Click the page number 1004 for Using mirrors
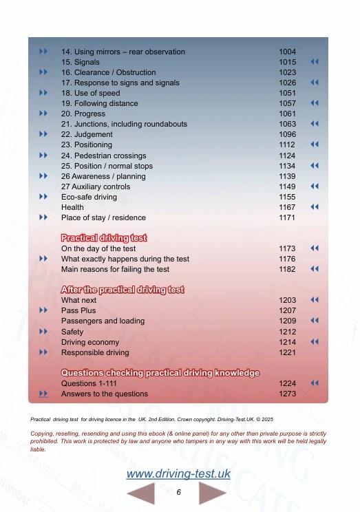tap(287, 52)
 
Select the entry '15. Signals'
tap(81, 62)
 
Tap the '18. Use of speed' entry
tap(90, 93)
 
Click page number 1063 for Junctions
tap(287, 124)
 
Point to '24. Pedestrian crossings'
tap(103, 156)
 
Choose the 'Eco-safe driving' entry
tap(89, 197)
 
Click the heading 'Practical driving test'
tap(104, 237)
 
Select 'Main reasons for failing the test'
tap(115, 269)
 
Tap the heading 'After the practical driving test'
tap(123, 289)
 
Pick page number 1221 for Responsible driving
tap(287, 352)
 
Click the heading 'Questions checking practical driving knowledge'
tap(160, 372)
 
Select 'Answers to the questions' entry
tap(104, 394)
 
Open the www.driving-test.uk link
tap(178, 474)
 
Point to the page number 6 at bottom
tap(178, 493)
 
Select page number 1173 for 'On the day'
tap(287, 248)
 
